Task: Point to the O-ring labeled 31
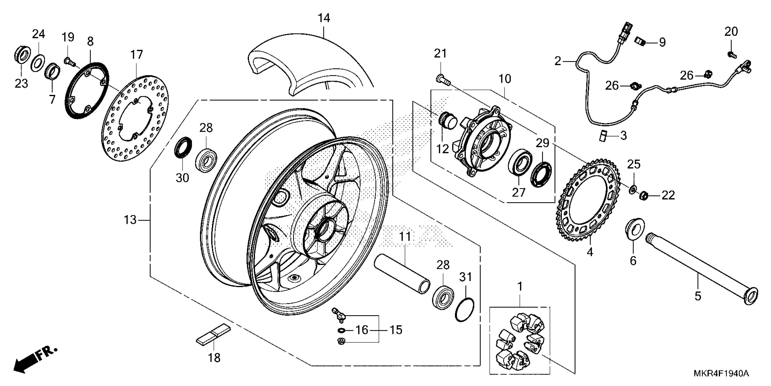(464, 309)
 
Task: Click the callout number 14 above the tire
(324, 18)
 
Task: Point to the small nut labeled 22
(644, 196)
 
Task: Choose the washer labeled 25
(632, 189)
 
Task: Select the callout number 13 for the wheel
(130, 220)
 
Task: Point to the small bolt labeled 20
(731, 54)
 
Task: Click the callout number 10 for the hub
(505, 79)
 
